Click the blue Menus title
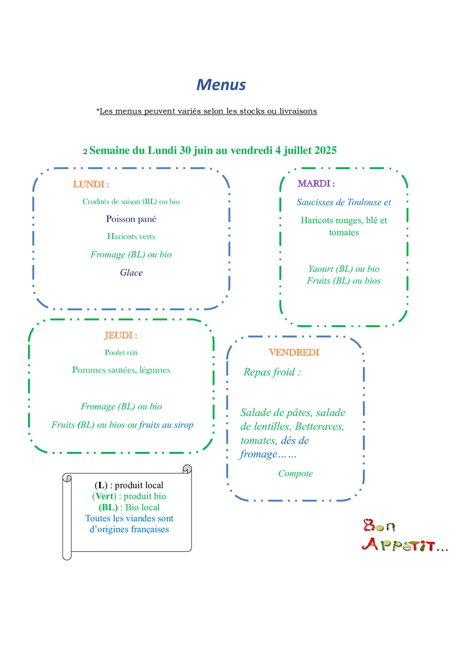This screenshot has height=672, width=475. click(x=221, y=85)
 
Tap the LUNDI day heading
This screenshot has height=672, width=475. click(x=91, y=184)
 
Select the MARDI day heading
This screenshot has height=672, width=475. click(x=316, y=183)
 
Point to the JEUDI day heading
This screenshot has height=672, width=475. click(x=121, y=335)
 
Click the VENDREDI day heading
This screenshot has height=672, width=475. click(x=294, y=352)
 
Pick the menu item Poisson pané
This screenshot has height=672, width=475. click(x=131, y=219)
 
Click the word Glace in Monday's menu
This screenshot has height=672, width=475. click(x=131, y=272)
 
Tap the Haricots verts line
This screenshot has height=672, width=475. click(x=131, y=236)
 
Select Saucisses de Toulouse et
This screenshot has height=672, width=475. click(x=344, y=202)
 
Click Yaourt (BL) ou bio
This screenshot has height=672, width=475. click(x=344, y=269)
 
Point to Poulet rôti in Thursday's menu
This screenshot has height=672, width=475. click(x=121, y=352)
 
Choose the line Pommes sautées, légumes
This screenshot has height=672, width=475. click(x=121, y=370)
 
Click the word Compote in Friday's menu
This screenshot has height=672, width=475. click(x=295, y=474)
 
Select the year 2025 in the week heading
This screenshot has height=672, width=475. click(x=325, y=150)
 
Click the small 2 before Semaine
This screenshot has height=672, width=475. click(x=85, y=152)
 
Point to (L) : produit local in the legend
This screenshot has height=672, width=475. click(x=129, y=485)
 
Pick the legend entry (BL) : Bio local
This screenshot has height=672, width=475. click(x=129, y=507)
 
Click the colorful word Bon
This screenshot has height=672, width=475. click(x=379, y=525)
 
